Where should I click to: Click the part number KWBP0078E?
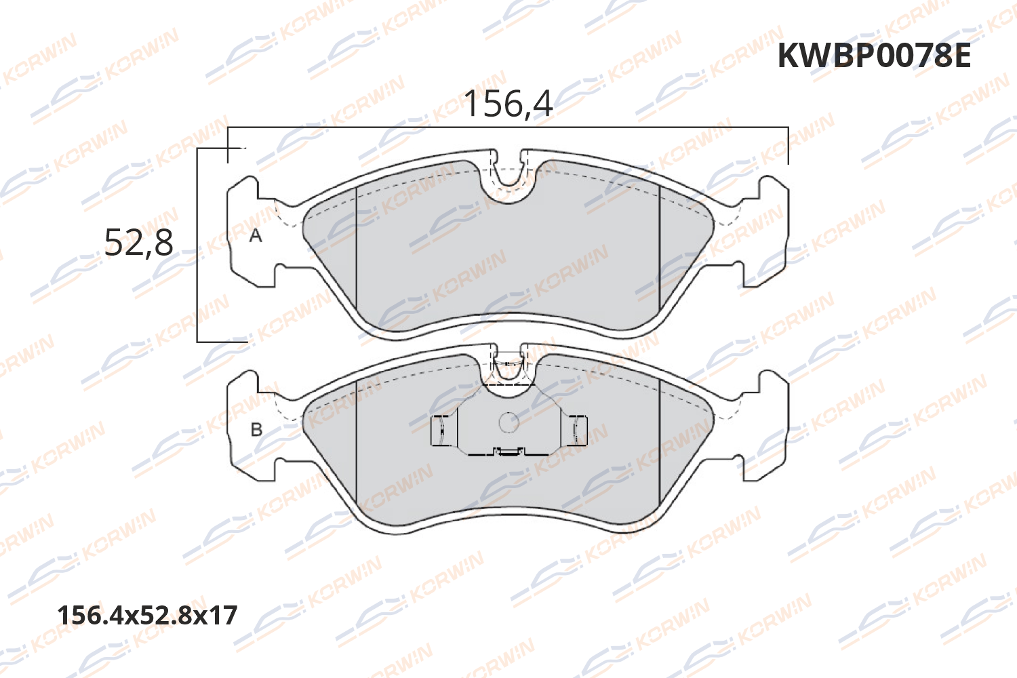(874, 56)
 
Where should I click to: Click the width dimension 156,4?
(508, 104)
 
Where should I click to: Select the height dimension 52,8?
(139, 242)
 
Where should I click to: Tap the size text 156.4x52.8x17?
(147, 615)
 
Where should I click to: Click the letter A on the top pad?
(256, 235)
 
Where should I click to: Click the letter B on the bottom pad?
(256, 429)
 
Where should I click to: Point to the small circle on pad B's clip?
(509, 422)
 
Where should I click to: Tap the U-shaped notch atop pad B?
(509, 370)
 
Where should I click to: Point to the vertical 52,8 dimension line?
(197, 285)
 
